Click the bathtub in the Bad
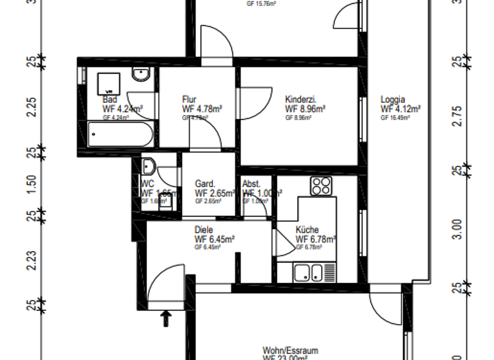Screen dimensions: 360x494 tap(120, 135)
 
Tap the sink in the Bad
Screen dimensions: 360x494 tap(140, 76)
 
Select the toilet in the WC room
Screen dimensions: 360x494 tap(148, 166)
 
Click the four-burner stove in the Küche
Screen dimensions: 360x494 tap(320, 186)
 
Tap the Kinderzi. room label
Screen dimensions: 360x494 tap(300, 100)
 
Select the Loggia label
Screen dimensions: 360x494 tap(392, 100)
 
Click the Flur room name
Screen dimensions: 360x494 tap(189, 100)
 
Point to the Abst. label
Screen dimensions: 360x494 tap(252, 183)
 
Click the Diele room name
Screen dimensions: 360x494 tap(203, 230)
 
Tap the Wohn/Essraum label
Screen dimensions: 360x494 tap(290, 350)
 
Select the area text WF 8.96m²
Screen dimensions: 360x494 tap(305, 109)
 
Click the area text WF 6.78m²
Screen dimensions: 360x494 tap(316, 239)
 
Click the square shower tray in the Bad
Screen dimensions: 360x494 tap(109, 83)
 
